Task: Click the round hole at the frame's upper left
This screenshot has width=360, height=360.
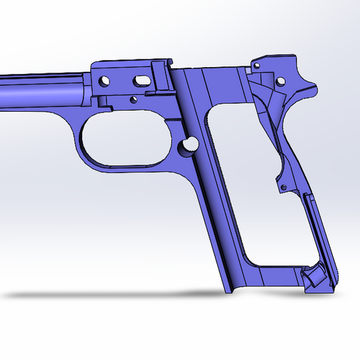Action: click(104, 80)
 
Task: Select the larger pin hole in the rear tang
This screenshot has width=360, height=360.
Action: click(281, 82)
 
